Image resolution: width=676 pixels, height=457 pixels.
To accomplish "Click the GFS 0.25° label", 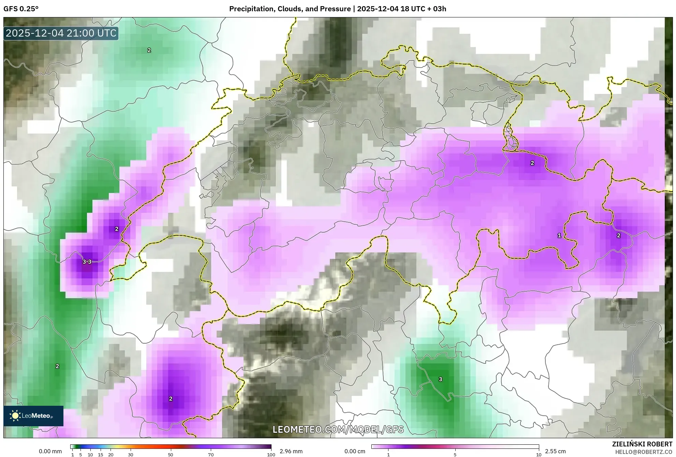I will (x=21, y=9).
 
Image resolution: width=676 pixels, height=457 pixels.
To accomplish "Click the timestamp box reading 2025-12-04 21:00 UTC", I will (x=61, y=33).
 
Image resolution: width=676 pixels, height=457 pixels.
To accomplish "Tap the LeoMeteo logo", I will (x=33, y=416).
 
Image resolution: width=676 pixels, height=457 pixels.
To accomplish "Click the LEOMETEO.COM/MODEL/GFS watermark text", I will (x=338, y=429).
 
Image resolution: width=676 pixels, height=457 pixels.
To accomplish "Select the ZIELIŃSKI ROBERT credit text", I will (x=642, y=444).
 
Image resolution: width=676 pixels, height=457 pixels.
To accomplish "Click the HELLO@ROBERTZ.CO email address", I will (x=643, y=452).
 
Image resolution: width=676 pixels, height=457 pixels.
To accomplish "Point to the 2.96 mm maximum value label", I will (x=291, y=451).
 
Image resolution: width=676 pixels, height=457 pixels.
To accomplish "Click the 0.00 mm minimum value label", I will (x=50, y=451).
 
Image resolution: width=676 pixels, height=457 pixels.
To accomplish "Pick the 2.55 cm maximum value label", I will (x=555, y=451).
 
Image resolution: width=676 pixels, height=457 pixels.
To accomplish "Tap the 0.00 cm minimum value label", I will (x=355, y=451).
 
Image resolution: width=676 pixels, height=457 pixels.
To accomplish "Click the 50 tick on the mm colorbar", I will (x=171, y=455).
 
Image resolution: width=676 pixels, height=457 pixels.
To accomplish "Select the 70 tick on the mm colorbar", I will (x=211, y=455).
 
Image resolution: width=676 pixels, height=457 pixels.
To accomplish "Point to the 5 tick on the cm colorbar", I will (x=455, y=455).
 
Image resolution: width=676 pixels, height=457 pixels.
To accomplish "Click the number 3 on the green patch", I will (x=440, y=379).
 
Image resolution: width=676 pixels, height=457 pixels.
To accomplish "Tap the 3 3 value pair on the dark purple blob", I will (x=87, y=262).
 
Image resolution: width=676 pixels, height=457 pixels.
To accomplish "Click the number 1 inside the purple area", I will (x=559, y=235).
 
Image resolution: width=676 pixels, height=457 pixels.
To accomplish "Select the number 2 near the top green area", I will (x=149, y=50).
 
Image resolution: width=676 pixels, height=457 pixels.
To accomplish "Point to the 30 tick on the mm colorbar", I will (x=130, y=455).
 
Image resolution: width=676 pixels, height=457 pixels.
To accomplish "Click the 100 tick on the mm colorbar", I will (x=271, y=455).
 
